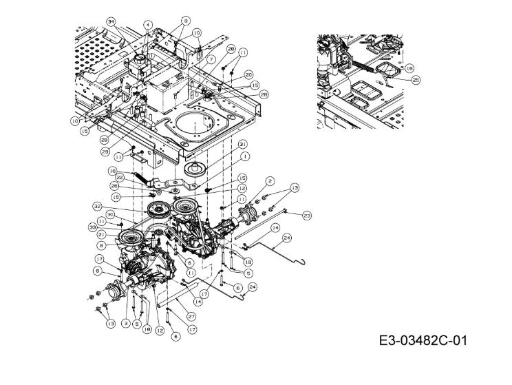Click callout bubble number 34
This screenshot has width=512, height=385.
click(x=111, y=22)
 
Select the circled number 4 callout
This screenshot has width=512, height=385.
click(x=147, y=24)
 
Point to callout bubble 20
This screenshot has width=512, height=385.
click(x=248, y=74)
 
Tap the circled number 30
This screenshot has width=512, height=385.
click(x=109, y=215)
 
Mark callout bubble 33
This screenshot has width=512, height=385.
click(x=92, y=226)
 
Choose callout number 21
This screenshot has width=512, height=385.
click(x=101, y=234)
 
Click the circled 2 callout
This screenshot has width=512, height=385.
click(x=270, y=180)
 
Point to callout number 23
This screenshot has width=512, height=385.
click(x=307, y=216)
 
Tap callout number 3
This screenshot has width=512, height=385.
click(x=125, y=322)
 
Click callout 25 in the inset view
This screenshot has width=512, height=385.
click(x=416, y=80)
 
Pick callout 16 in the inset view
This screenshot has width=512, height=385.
click(x=409, y=68)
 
